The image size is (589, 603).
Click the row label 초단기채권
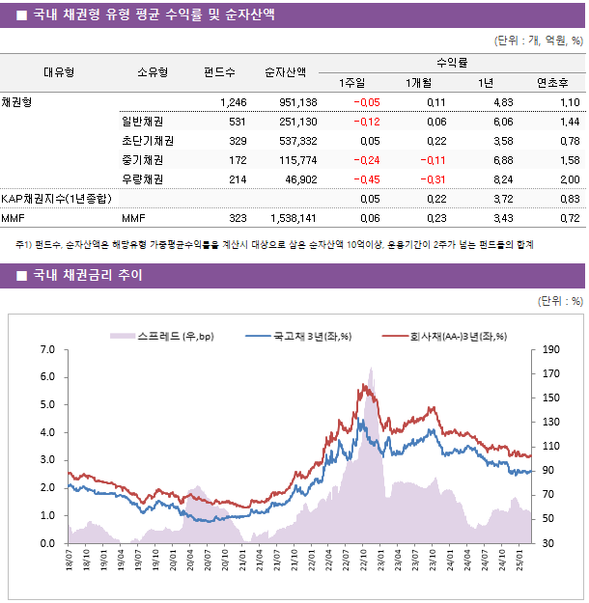(x=142, y=140)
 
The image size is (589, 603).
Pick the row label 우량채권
(x=142, y=178)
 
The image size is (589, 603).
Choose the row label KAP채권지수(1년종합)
(x=57, y=199)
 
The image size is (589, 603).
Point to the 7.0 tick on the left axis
(x=49, y=349)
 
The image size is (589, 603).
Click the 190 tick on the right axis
(x=551, y=349)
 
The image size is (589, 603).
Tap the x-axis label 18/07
(x=70, y=562)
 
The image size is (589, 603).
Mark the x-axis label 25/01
(x=520, y=562)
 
